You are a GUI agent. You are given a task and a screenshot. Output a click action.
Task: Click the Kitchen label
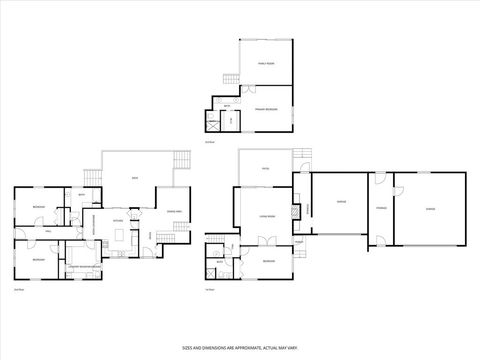[x=118, y=221]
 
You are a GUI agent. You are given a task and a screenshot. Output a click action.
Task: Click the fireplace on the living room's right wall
[x=294, y=212]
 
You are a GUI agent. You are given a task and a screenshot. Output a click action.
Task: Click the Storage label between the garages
[x=380, y=208]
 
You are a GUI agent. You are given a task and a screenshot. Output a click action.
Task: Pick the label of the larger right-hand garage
[x=430, y=208]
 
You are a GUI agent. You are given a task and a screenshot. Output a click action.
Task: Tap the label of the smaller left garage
[x=341, y=203]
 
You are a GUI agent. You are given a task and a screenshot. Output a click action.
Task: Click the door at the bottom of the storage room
[x=380, y=241]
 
